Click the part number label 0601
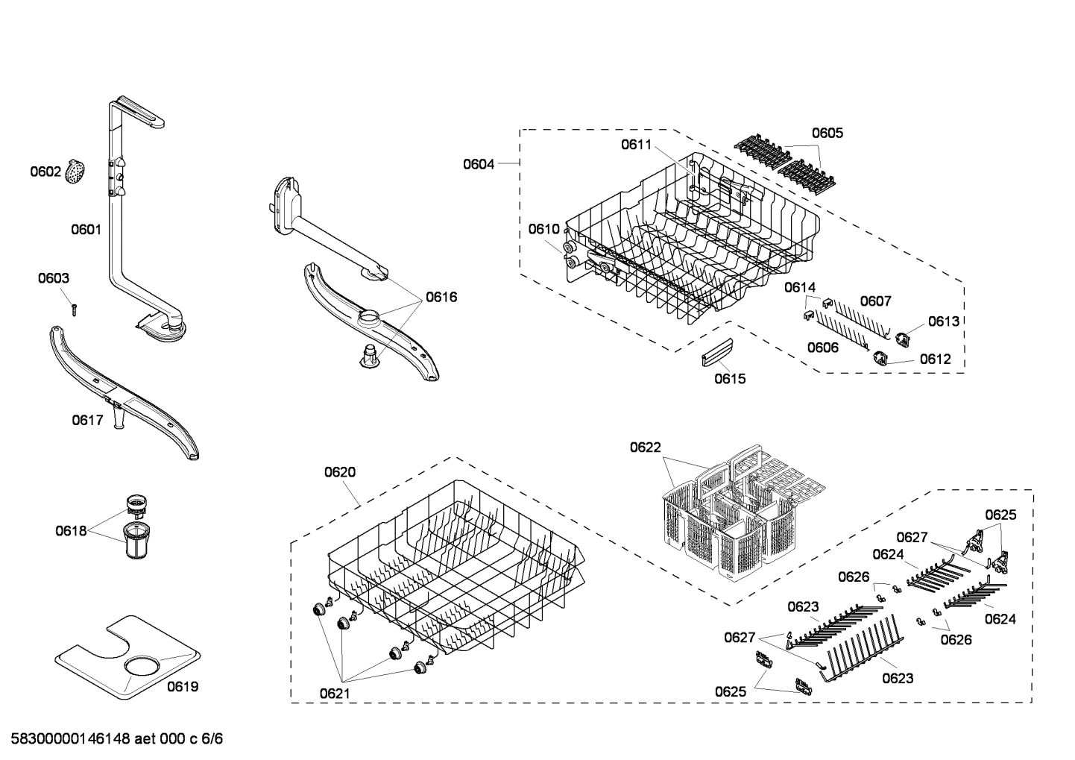pyautogui.click(x=86, y=230)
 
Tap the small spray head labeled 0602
pyautogui.click(x=76, y=172)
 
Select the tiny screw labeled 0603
pyautogui.click(x=74, y=308)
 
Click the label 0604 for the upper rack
pyautogui.click(x=478, y=164)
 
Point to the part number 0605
pyautogui.click(x=827, y=133)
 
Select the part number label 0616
pyautogui.click(x=441, y=297)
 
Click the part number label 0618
pyautogui.click(x=70, y=531)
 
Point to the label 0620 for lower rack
pyautogui.click(x=340, y=471)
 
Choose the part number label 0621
pyautogui.click(x=335, y=694)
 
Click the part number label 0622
pyautogui.click(x=645, y=447)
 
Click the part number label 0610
pyautogui.click(x=543, y=229)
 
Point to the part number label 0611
pyautogui.click(x=636, y=145)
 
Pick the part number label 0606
pyautogui.click(x=822, y=348)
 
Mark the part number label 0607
pyautogui.click(x=875, y=301)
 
